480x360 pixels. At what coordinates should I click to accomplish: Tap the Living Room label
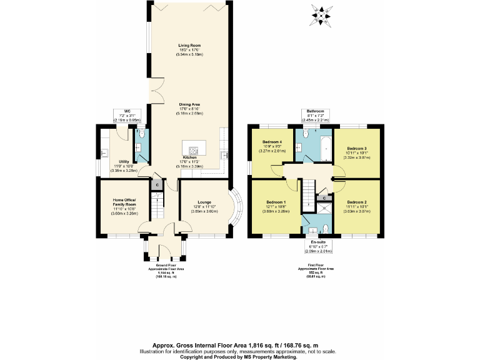pos(189,46)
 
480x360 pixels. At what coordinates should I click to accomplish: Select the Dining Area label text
pos(189,104)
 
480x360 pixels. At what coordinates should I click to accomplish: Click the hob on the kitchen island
pos(193,149)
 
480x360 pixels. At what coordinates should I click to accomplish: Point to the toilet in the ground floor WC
pos(141,134)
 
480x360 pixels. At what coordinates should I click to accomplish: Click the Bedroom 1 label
pos(276,202)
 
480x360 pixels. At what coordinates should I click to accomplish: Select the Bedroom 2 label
pos(356,202)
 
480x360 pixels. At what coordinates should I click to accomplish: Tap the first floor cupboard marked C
pos(324,197)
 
